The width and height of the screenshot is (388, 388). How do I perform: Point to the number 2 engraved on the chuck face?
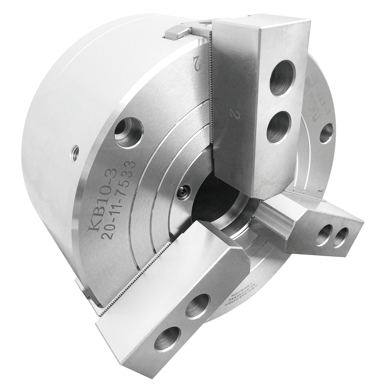pos(197,63)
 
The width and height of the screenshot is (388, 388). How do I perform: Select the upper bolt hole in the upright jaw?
pos(282,78)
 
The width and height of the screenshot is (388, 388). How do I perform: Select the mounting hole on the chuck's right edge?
pos(326,133)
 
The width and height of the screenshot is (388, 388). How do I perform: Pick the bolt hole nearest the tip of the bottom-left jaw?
pos(167,339)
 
